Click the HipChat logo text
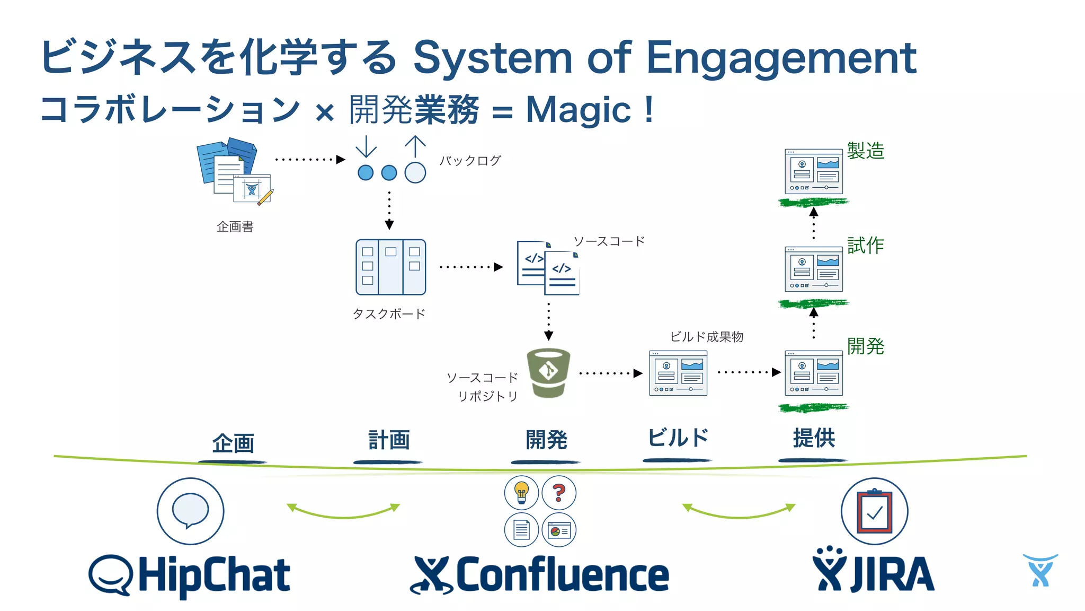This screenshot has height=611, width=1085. pyautogui.click(x=214, y=575)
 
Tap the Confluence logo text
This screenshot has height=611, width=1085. pyautogui.click(x=562, y=575)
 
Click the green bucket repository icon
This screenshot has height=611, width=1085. pyautogui.click(x=548, y=373)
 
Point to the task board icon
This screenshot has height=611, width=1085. pyautogui.click(x=390, y=267)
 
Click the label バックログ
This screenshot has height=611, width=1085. pyautogui.click(x=470, y=161)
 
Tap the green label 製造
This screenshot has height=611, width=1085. pyautogui.click(x=865, y=151)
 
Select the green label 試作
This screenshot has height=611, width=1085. pyautogui.click(x=865, y=246)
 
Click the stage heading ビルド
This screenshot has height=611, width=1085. pyautogui.click(x=678, y=438)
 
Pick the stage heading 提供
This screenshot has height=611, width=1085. pyautogui.click(x=814, y=439)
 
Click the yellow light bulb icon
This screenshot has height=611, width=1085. pyautogui.click(x=521, y=492)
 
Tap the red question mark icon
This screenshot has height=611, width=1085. pyautogui.click(x=559, y=492)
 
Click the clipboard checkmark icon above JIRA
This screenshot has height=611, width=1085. pyautogui.click(x=874, y=511)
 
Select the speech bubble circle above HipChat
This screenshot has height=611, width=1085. pyautogui.click(x=190, y=511)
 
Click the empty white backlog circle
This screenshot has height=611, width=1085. pyautogui.click(x=415, y=173)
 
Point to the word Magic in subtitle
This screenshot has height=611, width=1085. pyautogui.click(x=579, y=110)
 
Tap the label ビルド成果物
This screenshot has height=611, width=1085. pyautogui.click(x=706, y=337)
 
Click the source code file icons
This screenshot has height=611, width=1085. pyautogui.click(x=548, y=268)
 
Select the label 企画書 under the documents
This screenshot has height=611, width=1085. pyautogui.click(x=235, y=227)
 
